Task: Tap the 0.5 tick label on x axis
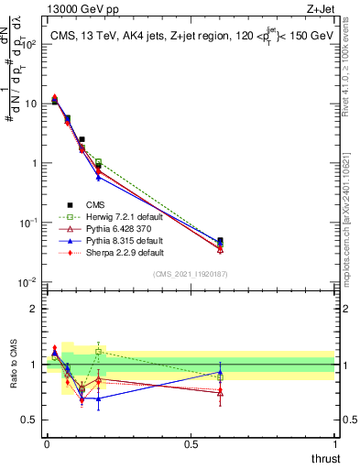pyautogui.click(x=191, y=444)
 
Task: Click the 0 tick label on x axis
pyautogui.click(x=47, y=444)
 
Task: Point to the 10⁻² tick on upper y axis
pyautogui.click(x=32, y=282)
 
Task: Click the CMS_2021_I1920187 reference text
pyautogui.click(x=191, y=274)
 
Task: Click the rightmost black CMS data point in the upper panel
pyautogui.click(x=220, y=241)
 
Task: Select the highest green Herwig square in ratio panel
pyautogui.click(x=99, y=351)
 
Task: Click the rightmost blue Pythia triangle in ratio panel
pyautogui.click(x=220, y=373)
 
